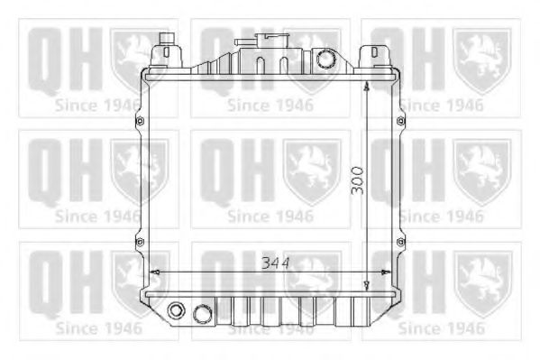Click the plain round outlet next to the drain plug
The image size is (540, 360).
pyautogui.click(x=203, y=313)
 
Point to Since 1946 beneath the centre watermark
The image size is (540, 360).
pyautogui.click(x=270, y=217)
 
